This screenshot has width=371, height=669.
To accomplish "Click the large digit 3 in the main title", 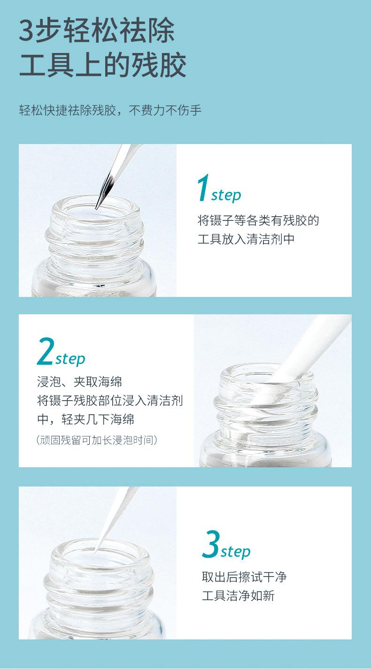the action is click(x=27, y=30).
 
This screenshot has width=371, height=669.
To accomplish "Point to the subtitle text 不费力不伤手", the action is click(x=165, y=110).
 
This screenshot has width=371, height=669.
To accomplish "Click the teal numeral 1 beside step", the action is click(x=203, y=188).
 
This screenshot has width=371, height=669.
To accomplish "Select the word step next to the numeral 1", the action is click(x=226, y=196).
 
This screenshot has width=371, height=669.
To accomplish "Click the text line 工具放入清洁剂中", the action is click(x=246, y=239).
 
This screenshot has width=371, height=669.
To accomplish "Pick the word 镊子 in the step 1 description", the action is click(x=222, y=220).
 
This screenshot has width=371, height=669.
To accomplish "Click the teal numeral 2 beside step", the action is click(x=46, y=351).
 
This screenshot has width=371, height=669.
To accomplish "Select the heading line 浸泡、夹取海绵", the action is click(x=79, y=382).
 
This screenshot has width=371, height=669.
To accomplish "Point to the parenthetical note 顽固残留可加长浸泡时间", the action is click(x=97, y=440).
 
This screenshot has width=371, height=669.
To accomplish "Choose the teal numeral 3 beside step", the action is click(x=211, y=544).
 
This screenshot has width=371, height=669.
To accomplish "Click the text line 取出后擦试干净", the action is click(x=244, y=577).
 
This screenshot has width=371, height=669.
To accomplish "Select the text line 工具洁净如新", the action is click(x=238, y=595).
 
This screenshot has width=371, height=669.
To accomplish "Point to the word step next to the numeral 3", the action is click(x=236, y=552).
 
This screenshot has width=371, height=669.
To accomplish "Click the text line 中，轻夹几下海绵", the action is click(x=85, y=419).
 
